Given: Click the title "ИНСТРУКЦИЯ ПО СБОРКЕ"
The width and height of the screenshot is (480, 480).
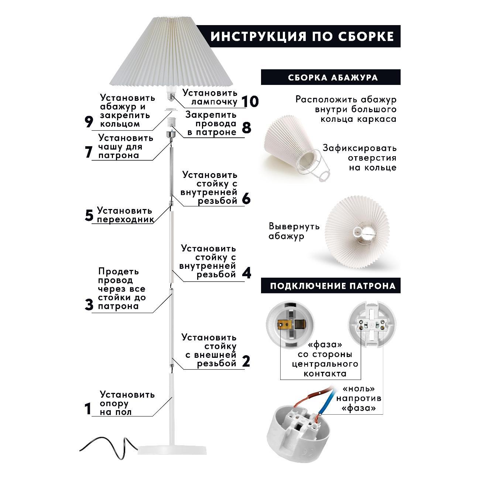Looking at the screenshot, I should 302,36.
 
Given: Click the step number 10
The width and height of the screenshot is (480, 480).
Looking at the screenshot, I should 250,101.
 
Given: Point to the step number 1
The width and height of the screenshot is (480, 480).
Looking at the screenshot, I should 88,409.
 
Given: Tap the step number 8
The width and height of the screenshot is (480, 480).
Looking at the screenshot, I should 246,128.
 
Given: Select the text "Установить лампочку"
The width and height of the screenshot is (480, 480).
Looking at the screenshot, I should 210,97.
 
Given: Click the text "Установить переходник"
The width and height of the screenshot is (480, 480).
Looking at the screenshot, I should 124,215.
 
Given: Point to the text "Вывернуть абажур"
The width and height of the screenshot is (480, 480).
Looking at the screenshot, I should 294,231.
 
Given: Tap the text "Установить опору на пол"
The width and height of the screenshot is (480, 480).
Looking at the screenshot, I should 127,403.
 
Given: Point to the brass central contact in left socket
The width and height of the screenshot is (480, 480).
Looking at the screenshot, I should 288,325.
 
